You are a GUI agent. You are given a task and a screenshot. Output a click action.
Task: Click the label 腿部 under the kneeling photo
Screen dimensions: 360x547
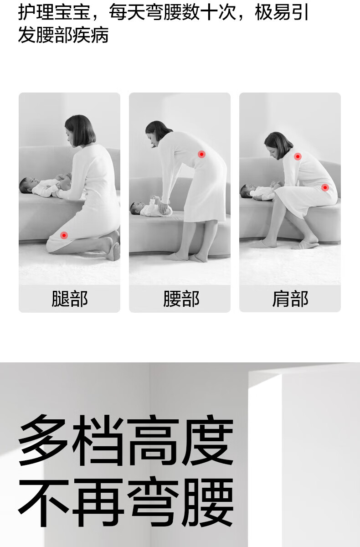70,299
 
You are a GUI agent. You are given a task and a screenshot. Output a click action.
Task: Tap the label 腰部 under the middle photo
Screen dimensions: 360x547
181,299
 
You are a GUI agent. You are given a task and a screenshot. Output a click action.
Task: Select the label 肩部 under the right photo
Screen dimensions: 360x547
290,299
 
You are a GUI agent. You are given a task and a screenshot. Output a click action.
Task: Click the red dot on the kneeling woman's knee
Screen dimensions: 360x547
64,235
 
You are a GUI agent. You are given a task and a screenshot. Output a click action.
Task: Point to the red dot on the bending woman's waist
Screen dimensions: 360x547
201,155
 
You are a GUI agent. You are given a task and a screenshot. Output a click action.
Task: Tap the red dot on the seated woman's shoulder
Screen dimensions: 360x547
298,156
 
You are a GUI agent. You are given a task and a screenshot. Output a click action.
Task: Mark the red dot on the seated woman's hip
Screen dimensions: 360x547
325,187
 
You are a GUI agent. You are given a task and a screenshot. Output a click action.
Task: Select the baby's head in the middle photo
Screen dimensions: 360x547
137,208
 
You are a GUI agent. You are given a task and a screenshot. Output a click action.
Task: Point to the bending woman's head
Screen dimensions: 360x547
157,133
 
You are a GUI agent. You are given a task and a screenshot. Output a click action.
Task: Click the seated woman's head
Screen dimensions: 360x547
278,145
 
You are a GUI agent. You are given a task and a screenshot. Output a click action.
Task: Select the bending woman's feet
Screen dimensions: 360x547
188,258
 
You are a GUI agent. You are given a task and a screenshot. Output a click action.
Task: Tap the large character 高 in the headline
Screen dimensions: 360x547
153,441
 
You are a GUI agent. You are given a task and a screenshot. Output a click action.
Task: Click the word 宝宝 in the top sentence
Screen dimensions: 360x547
72,12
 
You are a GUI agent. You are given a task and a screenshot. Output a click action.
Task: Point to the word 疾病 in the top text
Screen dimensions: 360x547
90,35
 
